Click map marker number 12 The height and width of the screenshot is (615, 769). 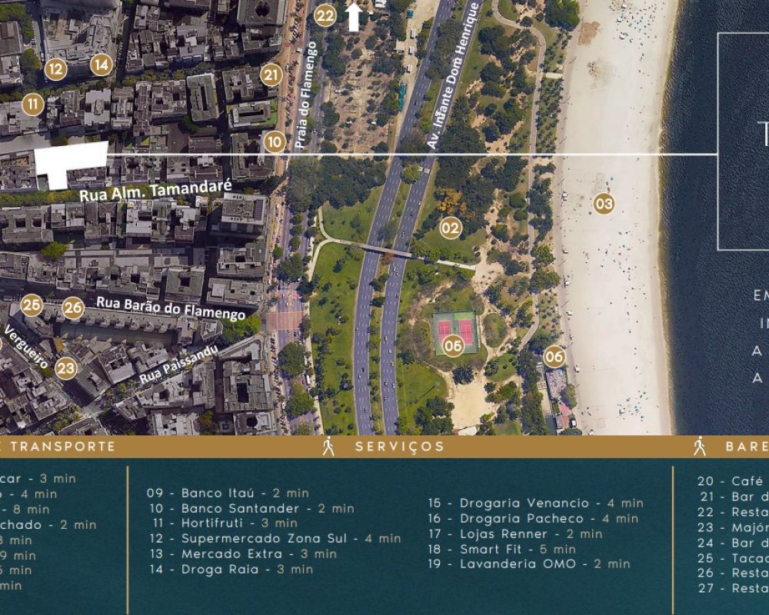click(55, 69)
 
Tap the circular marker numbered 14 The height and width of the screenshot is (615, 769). click(102, 65)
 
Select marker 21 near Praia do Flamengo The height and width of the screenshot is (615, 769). click(271, 75)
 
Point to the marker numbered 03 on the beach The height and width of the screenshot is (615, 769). click(604, 204)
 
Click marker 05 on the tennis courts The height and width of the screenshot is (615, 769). click(454, 346)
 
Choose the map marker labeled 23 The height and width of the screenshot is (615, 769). click(66, 368)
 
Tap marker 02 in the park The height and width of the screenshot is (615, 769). click(451, 228)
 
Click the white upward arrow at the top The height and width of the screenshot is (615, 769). click(354, 17)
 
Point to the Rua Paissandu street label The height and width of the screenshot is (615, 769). click(179, 365)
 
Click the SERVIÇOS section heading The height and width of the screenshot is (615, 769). click(400, 447)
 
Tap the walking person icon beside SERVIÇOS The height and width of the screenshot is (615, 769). click(328, 447)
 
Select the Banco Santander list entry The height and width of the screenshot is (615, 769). click(251, 508)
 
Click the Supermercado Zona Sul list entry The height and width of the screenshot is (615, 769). click(274, 538)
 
